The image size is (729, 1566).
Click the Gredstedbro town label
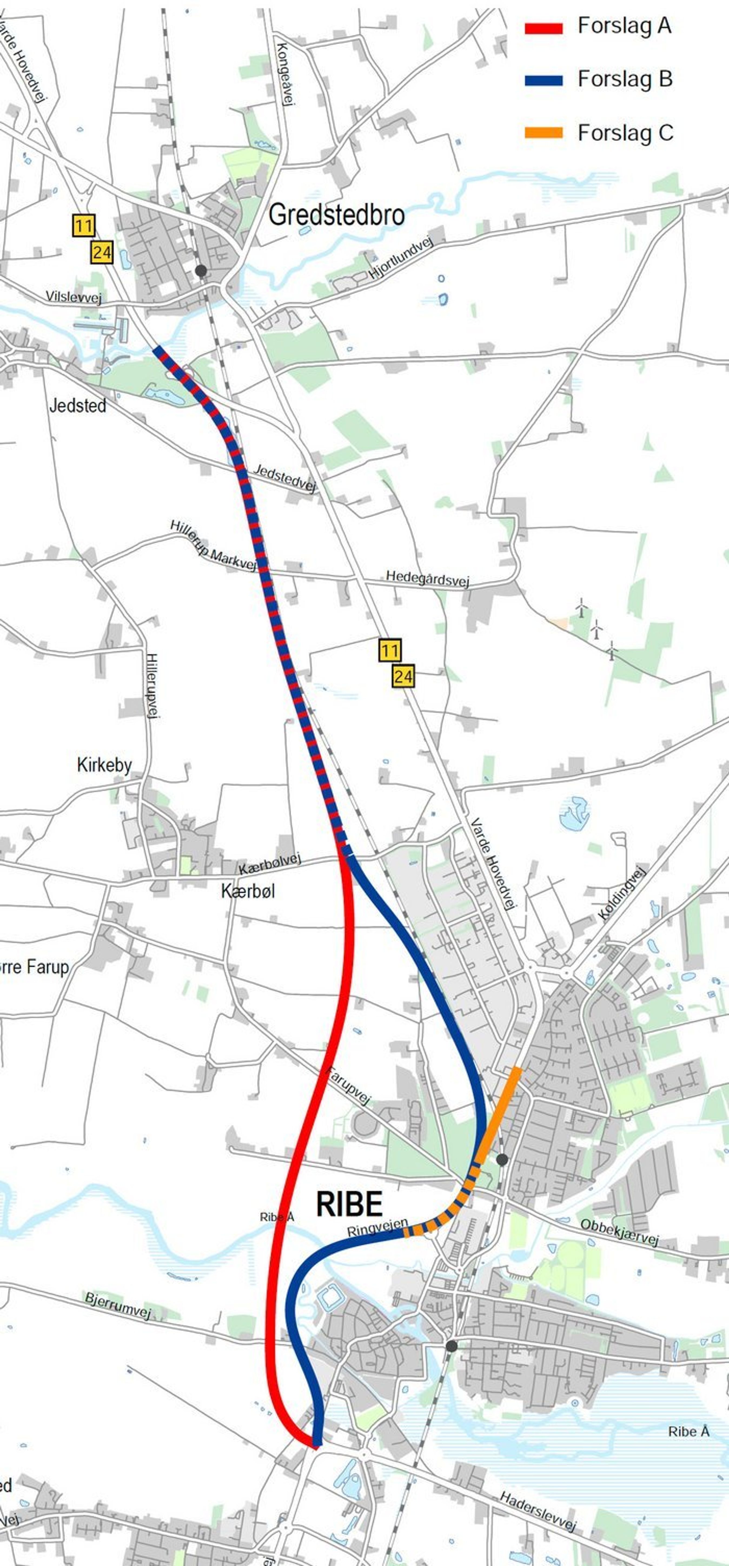[x=336, y=215]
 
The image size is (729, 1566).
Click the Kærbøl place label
[x=248, y=891]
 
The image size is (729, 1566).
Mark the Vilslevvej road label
[x=74, y=297]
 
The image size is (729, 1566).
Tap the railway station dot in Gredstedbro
[x=201, y=271]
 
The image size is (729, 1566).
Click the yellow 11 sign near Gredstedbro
[x=83, y=226]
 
